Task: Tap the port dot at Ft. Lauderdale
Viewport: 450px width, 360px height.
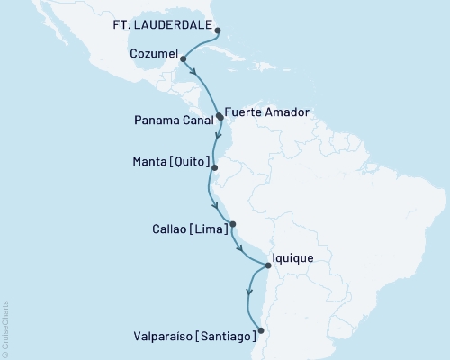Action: [x=219, y=30]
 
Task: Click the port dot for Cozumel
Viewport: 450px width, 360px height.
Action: [x=184, y=59]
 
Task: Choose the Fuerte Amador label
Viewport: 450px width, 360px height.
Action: [x=268, y=112]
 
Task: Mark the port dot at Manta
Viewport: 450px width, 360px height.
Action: [x=213, y=166]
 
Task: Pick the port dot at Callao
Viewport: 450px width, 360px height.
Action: [x=232, y=225]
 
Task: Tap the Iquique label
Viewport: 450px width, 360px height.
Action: [x=295, y=258]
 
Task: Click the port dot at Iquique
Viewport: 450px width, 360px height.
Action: [x=268, y=265]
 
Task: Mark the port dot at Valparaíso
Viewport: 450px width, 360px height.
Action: [x=261, y=330]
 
